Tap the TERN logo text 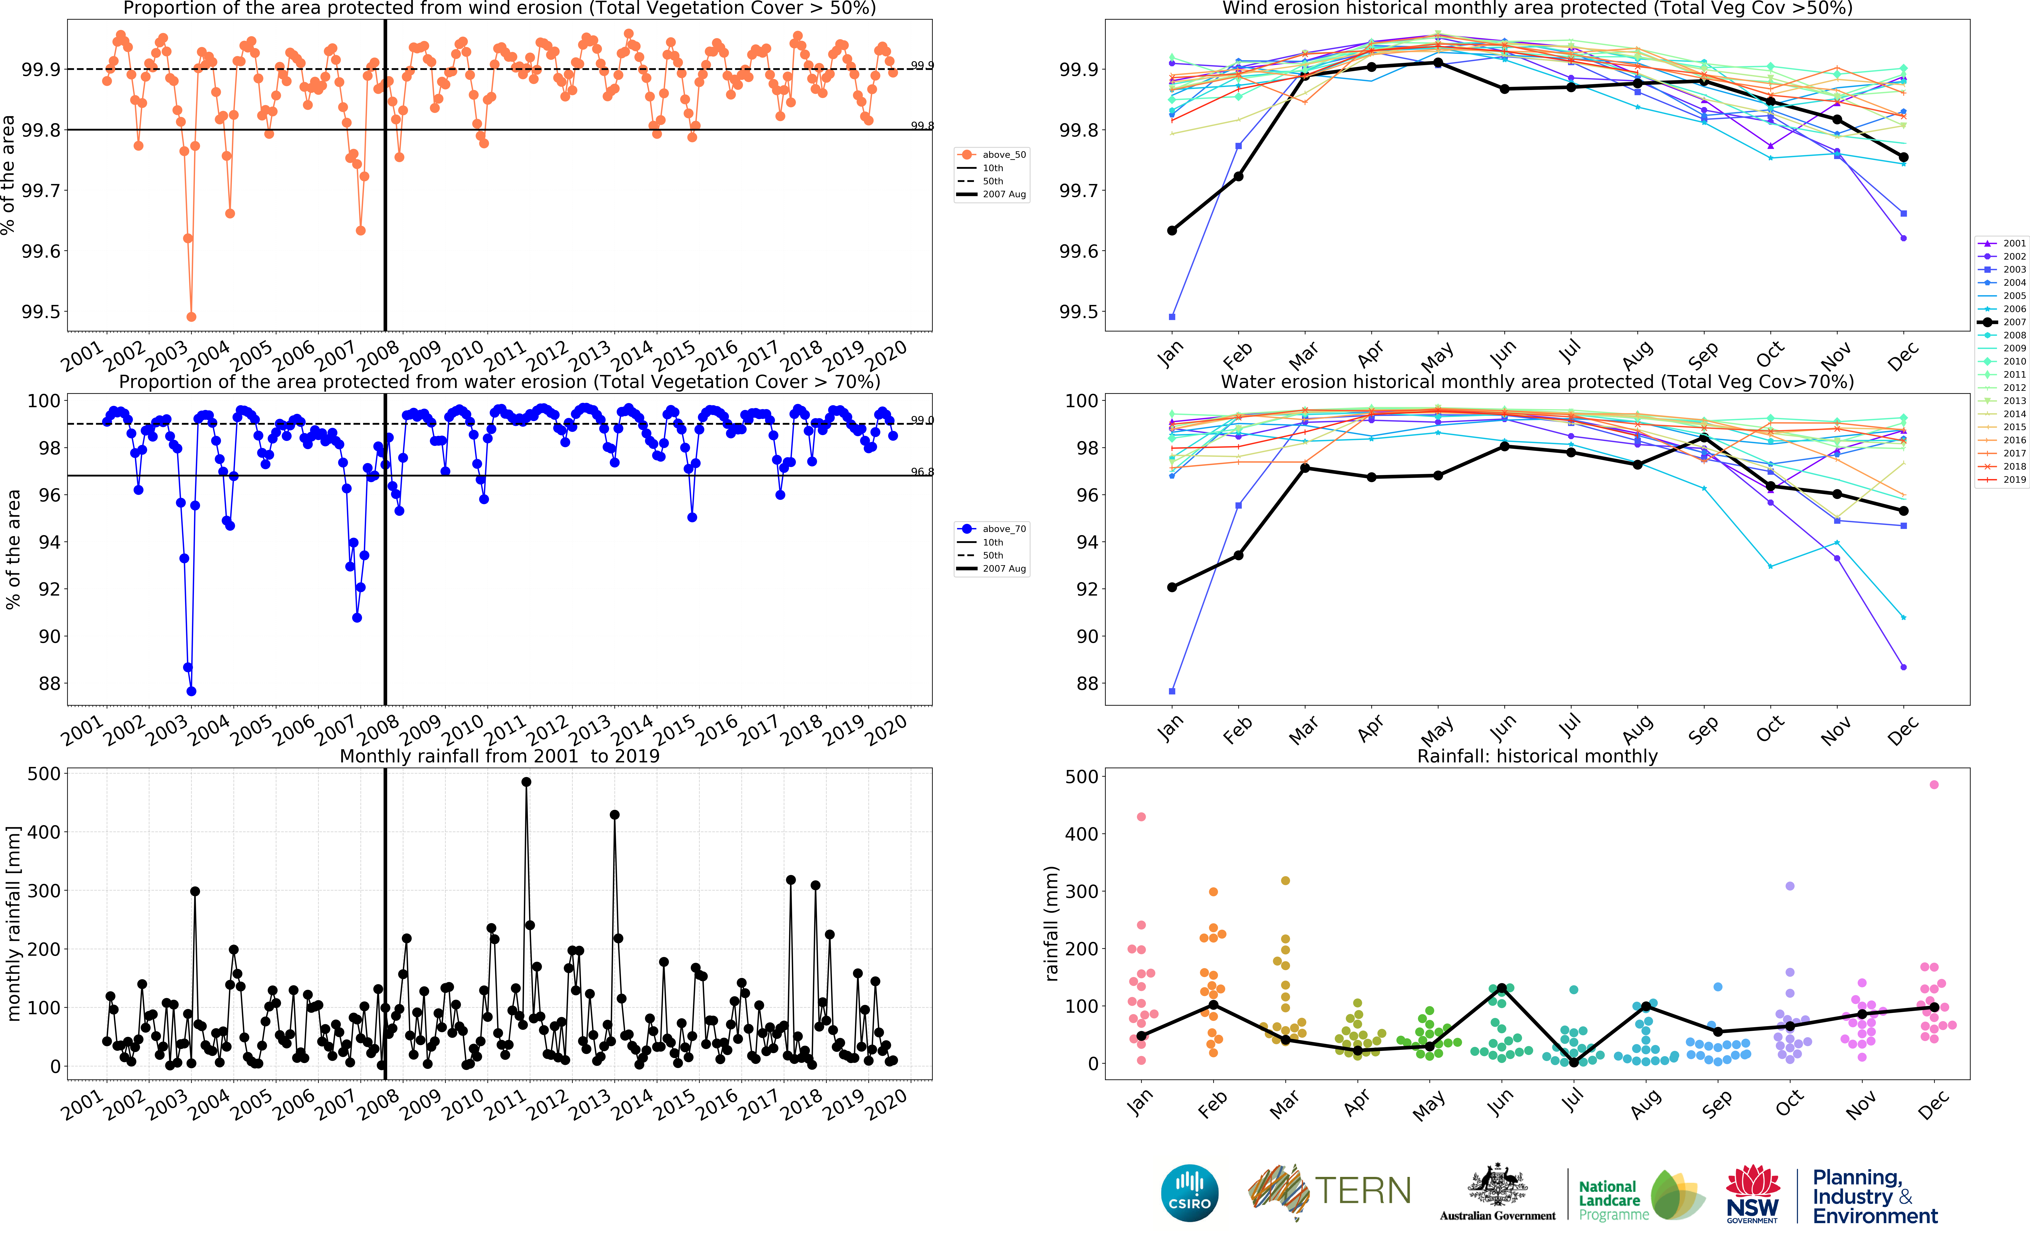(1362, 1191)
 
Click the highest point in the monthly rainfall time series (526, 782)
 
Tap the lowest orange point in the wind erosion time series (191, 316)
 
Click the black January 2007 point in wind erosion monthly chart (1172, 231)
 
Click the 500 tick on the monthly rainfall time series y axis (44, 774)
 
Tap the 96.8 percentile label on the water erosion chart (922, 472)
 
